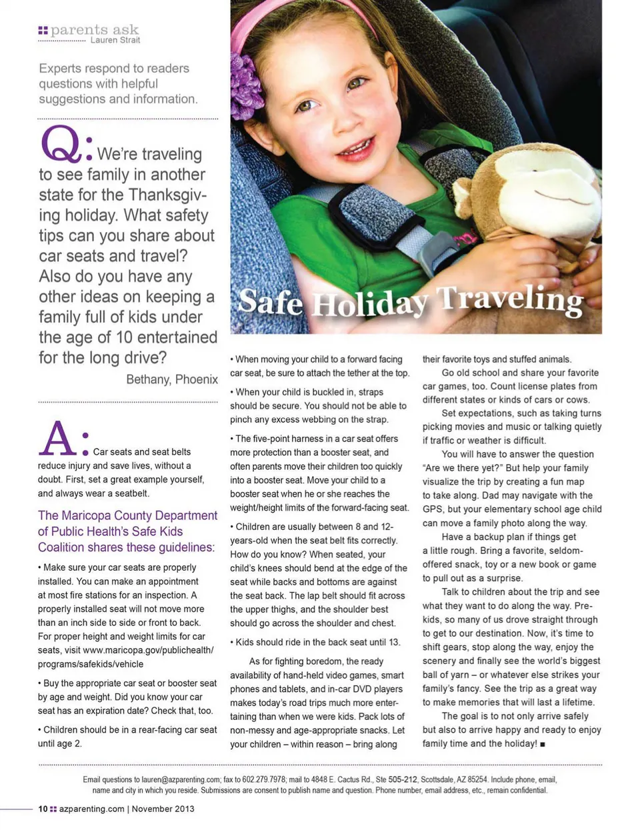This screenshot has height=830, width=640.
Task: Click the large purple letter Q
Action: pos(61,144)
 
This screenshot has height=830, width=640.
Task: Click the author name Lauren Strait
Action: pos(115,40)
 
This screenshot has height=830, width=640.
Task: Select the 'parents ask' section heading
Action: pos(94,29)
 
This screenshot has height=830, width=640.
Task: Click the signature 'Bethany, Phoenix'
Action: pos(172,379)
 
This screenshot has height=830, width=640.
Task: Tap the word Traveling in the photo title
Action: pos(510,300)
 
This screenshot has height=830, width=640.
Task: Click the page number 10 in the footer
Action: pos(43,809)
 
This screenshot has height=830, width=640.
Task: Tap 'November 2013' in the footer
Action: pos(163,809)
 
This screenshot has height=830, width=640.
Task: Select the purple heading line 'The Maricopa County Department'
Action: pos(127,515)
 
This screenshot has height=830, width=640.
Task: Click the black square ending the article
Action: pos(543,744)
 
